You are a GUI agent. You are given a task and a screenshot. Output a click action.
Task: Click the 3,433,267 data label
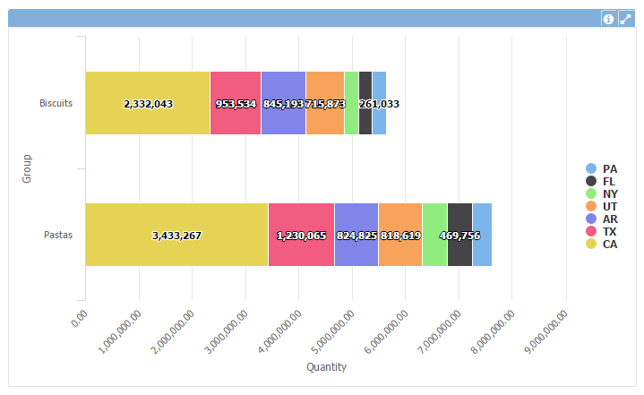point(176,236)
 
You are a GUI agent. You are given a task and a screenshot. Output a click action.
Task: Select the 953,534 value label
point(236,104)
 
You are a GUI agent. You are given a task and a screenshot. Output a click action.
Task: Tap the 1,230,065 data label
point(301,236)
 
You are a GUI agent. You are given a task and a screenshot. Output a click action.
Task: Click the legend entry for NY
point(609,193)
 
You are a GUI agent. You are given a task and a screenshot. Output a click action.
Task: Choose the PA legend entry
point(609,168)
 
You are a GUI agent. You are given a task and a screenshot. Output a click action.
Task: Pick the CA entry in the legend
point(609,244)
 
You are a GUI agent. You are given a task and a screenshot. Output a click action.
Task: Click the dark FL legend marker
point(591,181)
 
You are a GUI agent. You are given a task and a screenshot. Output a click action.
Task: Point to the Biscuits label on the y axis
point(56,103)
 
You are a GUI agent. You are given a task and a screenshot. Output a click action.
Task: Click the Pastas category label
point(58,236)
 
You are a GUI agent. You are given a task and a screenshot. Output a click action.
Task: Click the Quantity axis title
point(326,366)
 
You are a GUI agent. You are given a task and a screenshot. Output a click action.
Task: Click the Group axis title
point(27,168)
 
